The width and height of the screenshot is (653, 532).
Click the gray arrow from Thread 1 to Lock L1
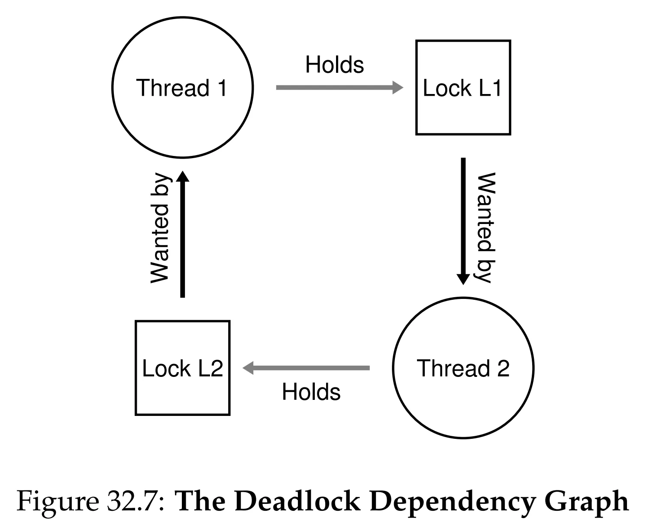(x=339, y=88)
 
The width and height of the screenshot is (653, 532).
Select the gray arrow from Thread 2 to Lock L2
(x=306, y=368)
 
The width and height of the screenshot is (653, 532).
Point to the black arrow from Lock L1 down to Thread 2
(x=463, y=221)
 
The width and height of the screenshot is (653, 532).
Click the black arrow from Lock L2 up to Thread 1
(x=182, y=234)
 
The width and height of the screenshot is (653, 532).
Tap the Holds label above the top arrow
(x=334, y=65)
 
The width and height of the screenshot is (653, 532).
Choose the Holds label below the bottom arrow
(x=311, y=392)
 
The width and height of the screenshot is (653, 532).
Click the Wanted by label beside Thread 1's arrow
(x=160, y=228)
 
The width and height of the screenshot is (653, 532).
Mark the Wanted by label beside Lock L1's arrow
(x=486, y=227)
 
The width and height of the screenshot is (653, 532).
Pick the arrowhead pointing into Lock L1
(x=398, y=88)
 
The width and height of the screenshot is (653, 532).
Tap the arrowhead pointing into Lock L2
(x=248, y=368)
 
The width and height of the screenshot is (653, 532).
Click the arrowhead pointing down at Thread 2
(x=463, y=279)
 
